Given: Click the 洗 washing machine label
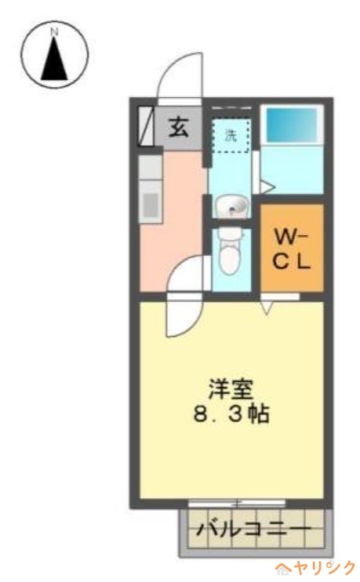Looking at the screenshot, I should click(x=230, y=135).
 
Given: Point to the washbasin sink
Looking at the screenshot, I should click(x=232, y=207).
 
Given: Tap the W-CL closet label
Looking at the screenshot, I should click(x=292, y=248).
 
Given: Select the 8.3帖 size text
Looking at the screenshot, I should click(x=231, y=414).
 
